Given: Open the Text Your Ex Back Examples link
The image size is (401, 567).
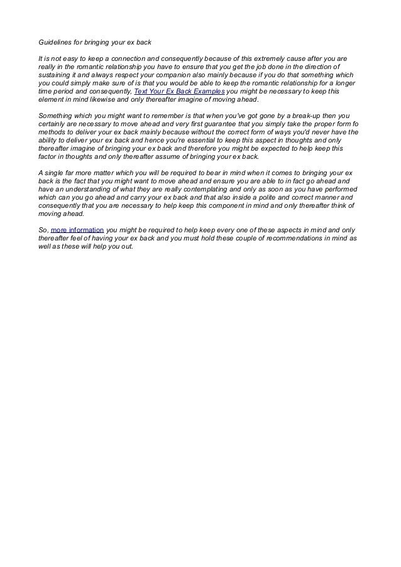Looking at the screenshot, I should tap(179, 91).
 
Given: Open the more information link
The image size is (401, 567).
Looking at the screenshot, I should tap(77, 230).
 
